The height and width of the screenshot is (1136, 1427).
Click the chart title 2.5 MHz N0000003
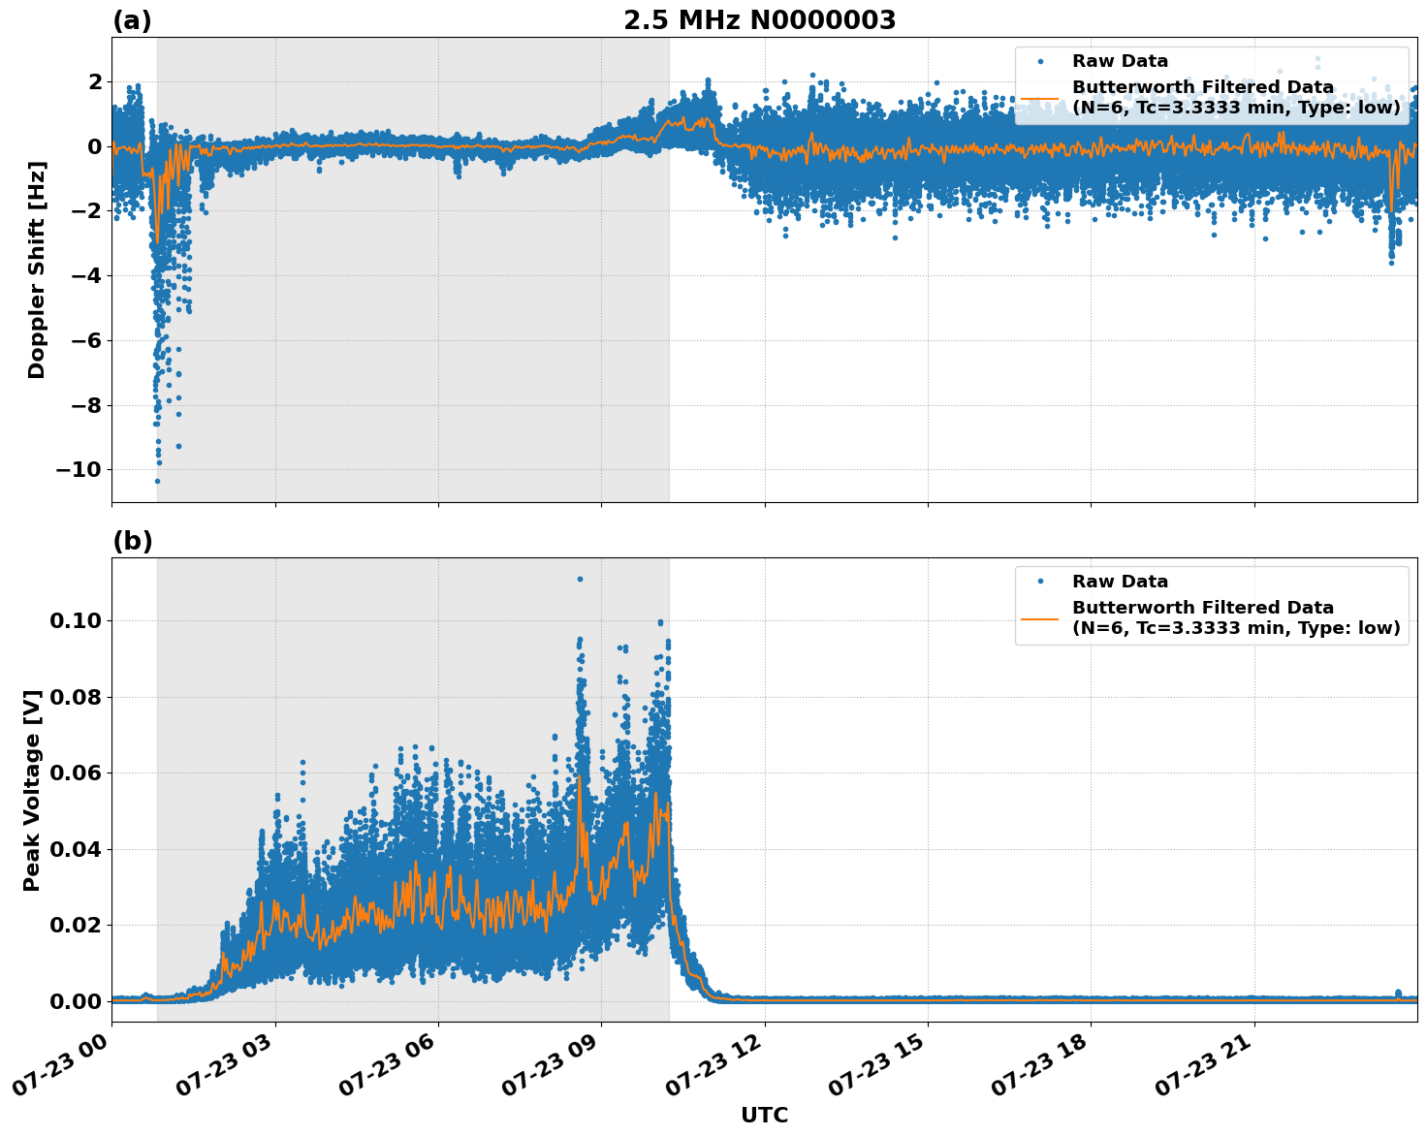point(759,20)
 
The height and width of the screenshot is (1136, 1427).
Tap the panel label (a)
point(132,20)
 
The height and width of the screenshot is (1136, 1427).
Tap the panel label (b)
point(132,541)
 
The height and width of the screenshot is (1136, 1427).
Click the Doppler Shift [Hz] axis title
point(37,269)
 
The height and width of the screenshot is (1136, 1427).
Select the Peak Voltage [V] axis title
point(32,790)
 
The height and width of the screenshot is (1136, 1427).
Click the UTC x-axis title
point(764,1115)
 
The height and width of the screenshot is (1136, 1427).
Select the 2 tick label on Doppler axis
point(95,82)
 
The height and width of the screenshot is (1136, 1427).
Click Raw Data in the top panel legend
point(1120,61)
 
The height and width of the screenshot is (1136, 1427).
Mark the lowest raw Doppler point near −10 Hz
point(157,481)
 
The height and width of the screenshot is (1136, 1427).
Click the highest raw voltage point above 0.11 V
point(580,579)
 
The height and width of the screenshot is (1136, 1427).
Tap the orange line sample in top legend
point(1040,97)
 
